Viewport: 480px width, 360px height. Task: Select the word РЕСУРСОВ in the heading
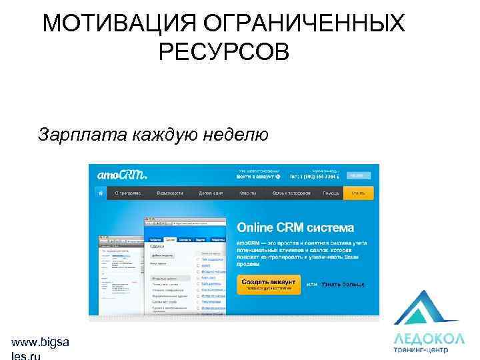pyautogui.click(x=225, y=51)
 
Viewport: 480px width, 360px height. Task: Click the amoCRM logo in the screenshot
pyautogui.click(x=121, y=175)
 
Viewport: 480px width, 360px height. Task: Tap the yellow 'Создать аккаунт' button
pyautogui.click(x=269, y=284)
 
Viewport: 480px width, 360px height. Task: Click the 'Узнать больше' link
pyautogui.click(x=343, y=284)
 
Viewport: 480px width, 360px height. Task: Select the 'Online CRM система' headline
pyautogui.click(x=296, y=227)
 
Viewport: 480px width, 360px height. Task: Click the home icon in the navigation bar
pyautogui.click(x=99, y=193)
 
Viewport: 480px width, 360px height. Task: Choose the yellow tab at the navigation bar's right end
pyautogui.click(x=358, y=193)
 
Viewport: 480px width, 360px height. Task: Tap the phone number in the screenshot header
pyautogui.click(x=314, y=177)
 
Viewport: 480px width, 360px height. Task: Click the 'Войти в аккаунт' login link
pyautogui.click(x=257, y=177)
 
